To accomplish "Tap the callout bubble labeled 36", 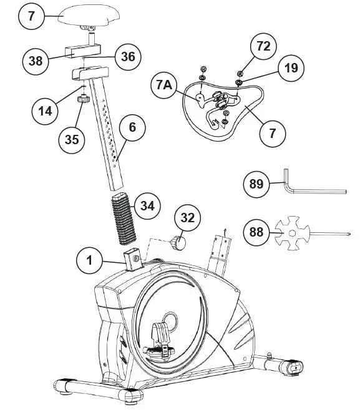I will click(127, 56).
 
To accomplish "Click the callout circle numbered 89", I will click(256, 184).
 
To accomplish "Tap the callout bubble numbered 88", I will click(256, 232).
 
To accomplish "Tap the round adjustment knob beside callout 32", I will click(177, 242).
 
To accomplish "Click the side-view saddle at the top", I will click(90, 19).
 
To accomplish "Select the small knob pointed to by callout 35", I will click(80, 99).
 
